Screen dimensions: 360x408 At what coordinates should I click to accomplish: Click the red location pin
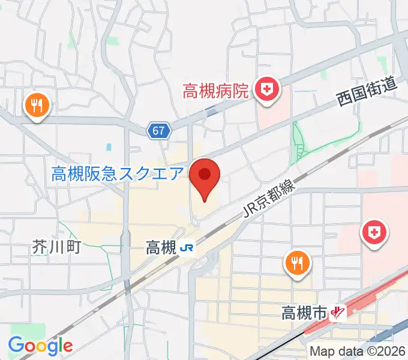click(x=205, y=176)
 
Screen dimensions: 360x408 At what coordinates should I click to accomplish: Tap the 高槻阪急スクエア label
click(x=117, y=175)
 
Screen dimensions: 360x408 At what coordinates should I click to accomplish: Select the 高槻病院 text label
click(x=215, y=92)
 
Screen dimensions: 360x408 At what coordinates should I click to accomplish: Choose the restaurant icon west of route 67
click(x=37, y=106)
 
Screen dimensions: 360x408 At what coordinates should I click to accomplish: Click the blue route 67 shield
click(x=160, y=130)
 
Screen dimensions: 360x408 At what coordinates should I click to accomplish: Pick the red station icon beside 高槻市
click(x=340, y=313)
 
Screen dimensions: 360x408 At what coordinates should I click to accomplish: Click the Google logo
click(x=40, y=346)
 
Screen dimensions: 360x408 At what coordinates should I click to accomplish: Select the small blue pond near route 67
click(x=109, y=146)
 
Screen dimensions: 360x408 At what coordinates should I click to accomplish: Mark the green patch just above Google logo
click(x=36, y=331)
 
